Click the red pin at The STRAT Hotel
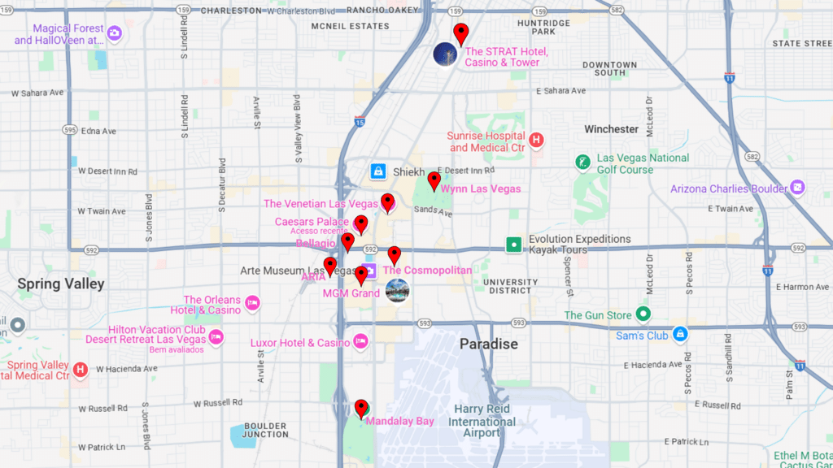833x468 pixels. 461,33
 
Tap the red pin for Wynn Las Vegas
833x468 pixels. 434,180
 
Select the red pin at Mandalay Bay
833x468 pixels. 361,407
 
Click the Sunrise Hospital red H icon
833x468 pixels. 535,141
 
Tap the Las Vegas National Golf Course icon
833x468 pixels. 582,162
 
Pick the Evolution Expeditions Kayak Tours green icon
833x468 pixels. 513,244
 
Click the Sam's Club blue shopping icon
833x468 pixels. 680,334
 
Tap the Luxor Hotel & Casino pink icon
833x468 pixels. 360,342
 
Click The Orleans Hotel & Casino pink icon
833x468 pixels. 253,303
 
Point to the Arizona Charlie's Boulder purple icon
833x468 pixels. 798,188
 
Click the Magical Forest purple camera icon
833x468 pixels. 115,33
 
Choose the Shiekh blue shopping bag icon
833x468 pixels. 377,171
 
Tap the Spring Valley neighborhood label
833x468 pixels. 61,284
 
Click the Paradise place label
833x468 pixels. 488,344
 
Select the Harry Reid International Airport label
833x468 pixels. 482,421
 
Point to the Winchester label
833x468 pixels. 611,129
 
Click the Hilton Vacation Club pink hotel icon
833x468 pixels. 216,336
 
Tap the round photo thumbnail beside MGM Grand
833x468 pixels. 397,290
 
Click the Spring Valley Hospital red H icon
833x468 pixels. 81,370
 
